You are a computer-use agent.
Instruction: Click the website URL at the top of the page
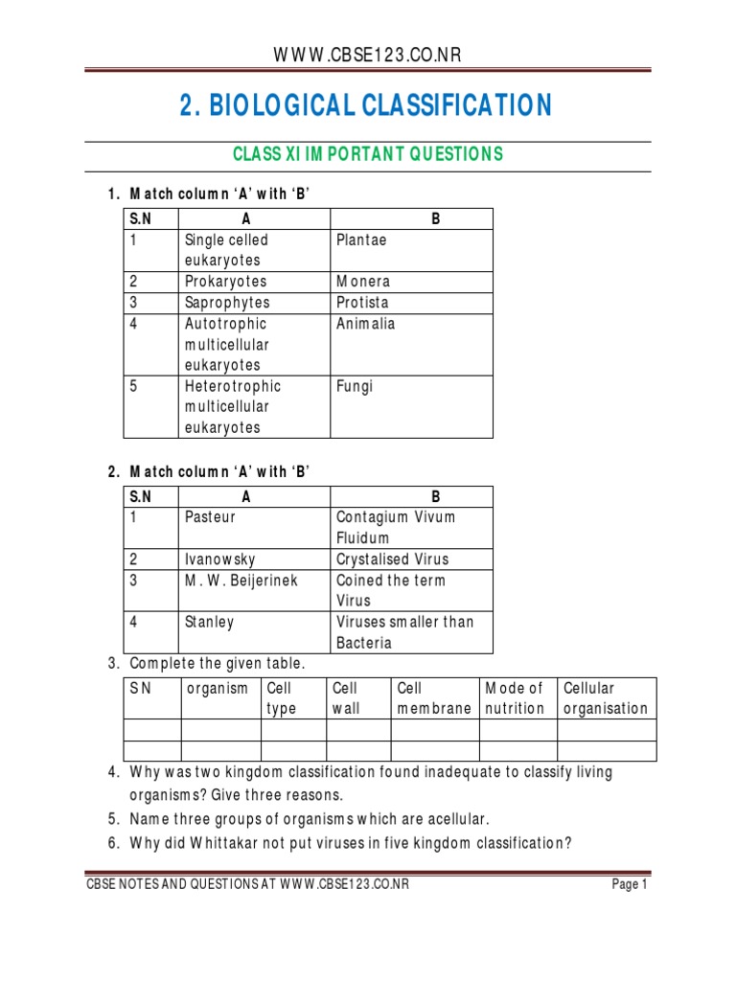368,55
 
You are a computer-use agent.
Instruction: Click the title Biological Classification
366,105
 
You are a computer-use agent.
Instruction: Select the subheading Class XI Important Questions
368,154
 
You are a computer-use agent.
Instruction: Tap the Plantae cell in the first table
361,240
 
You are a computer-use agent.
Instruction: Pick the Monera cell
363,282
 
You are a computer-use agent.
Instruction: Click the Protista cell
362,303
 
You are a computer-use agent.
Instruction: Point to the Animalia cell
365,324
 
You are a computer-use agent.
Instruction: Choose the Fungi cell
355,386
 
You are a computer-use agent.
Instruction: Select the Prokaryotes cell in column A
225,282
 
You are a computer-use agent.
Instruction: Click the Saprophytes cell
227,303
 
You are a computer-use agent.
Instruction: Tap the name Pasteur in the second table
210,517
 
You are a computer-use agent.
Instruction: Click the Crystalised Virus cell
392,559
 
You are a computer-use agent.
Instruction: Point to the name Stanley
209,623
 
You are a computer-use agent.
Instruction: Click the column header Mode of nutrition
516,698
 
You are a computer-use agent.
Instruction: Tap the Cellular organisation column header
606,698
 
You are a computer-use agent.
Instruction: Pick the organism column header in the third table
218,688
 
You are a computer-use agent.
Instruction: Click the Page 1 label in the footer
631,885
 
